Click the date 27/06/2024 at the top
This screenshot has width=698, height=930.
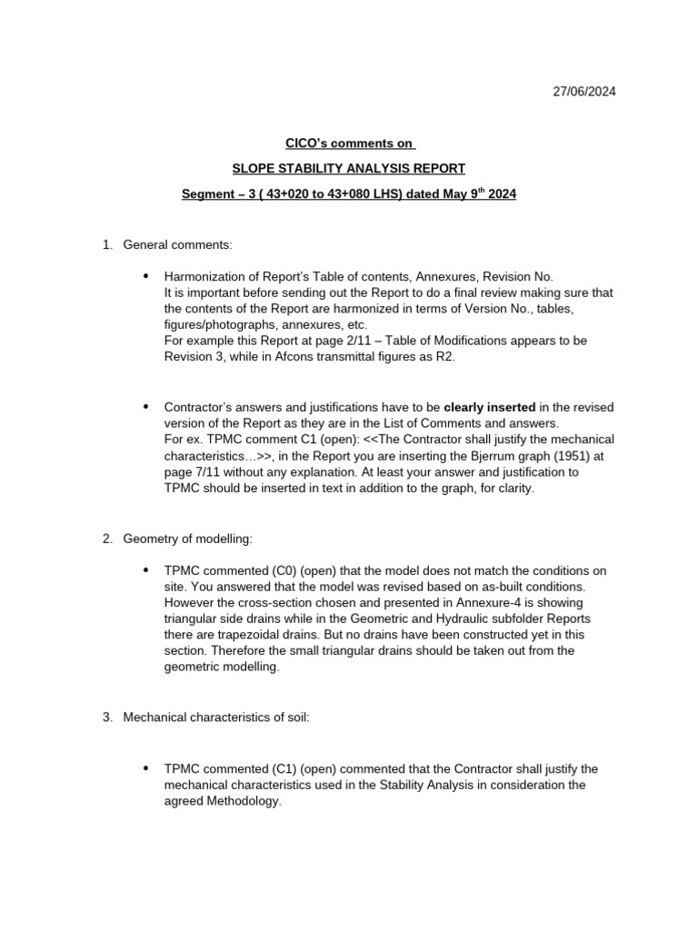[584, 93]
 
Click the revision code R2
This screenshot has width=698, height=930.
[445, 356]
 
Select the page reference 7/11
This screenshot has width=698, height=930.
[203, 473]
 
